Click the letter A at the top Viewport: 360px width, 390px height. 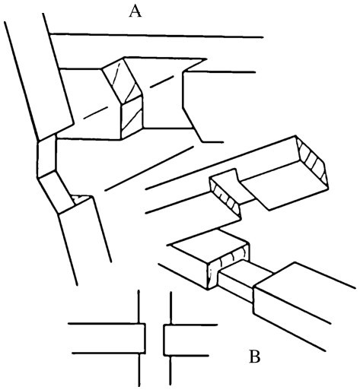click(x=135, y=11)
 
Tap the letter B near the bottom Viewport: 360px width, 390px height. click(x=254, y=357)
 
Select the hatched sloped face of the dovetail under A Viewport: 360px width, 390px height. click(x=122, y=81)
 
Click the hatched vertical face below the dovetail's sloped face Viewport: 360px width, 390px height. click(x=132, y=117)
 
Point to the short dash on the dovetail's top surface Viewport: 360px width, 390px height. click(x=162, y=81)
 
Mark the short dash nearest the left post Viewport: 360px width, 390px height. click(x=96, y=113)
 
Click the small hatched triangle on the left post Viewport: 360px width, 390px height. click(x=79, y=198)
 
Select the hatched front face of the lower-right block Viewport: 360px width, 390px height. click(x=228, y=266)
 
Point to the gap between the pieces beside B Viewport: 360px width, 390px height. click(x=155, y=340)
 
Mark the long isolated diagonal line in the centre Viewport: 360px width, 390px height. click(x=149, y=168)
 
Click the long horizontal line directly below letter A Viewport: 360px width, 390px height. click(x=157, y=35)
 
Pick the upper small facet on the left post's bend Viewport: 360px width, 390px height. click(x=46, y=155)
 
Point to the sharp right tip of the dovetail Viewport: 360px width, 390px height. click(x=206, y=59)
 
